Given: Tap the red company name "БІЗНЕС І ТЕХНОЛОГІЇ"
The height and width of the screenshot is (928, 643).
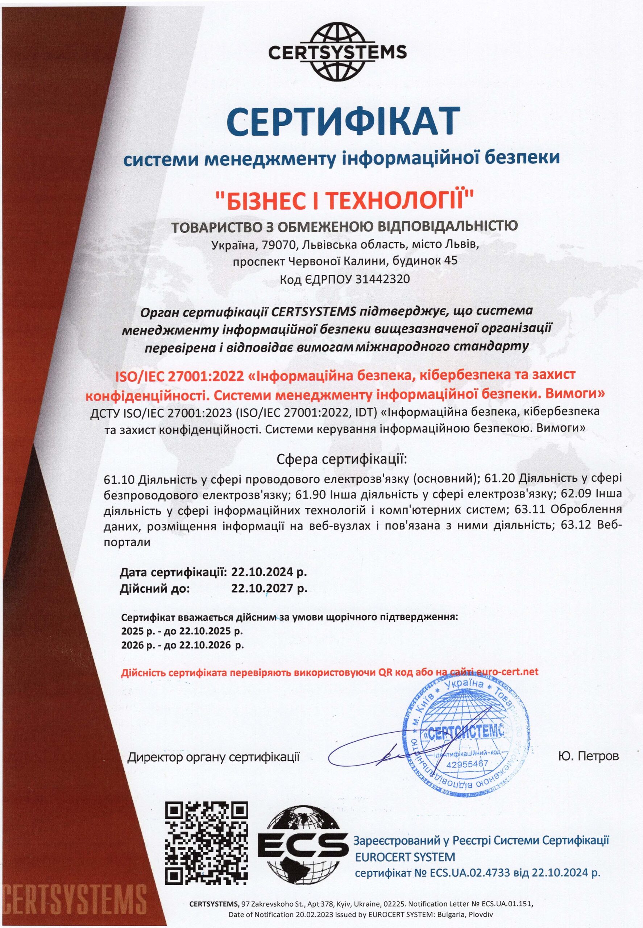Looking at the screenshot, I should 344,201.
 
